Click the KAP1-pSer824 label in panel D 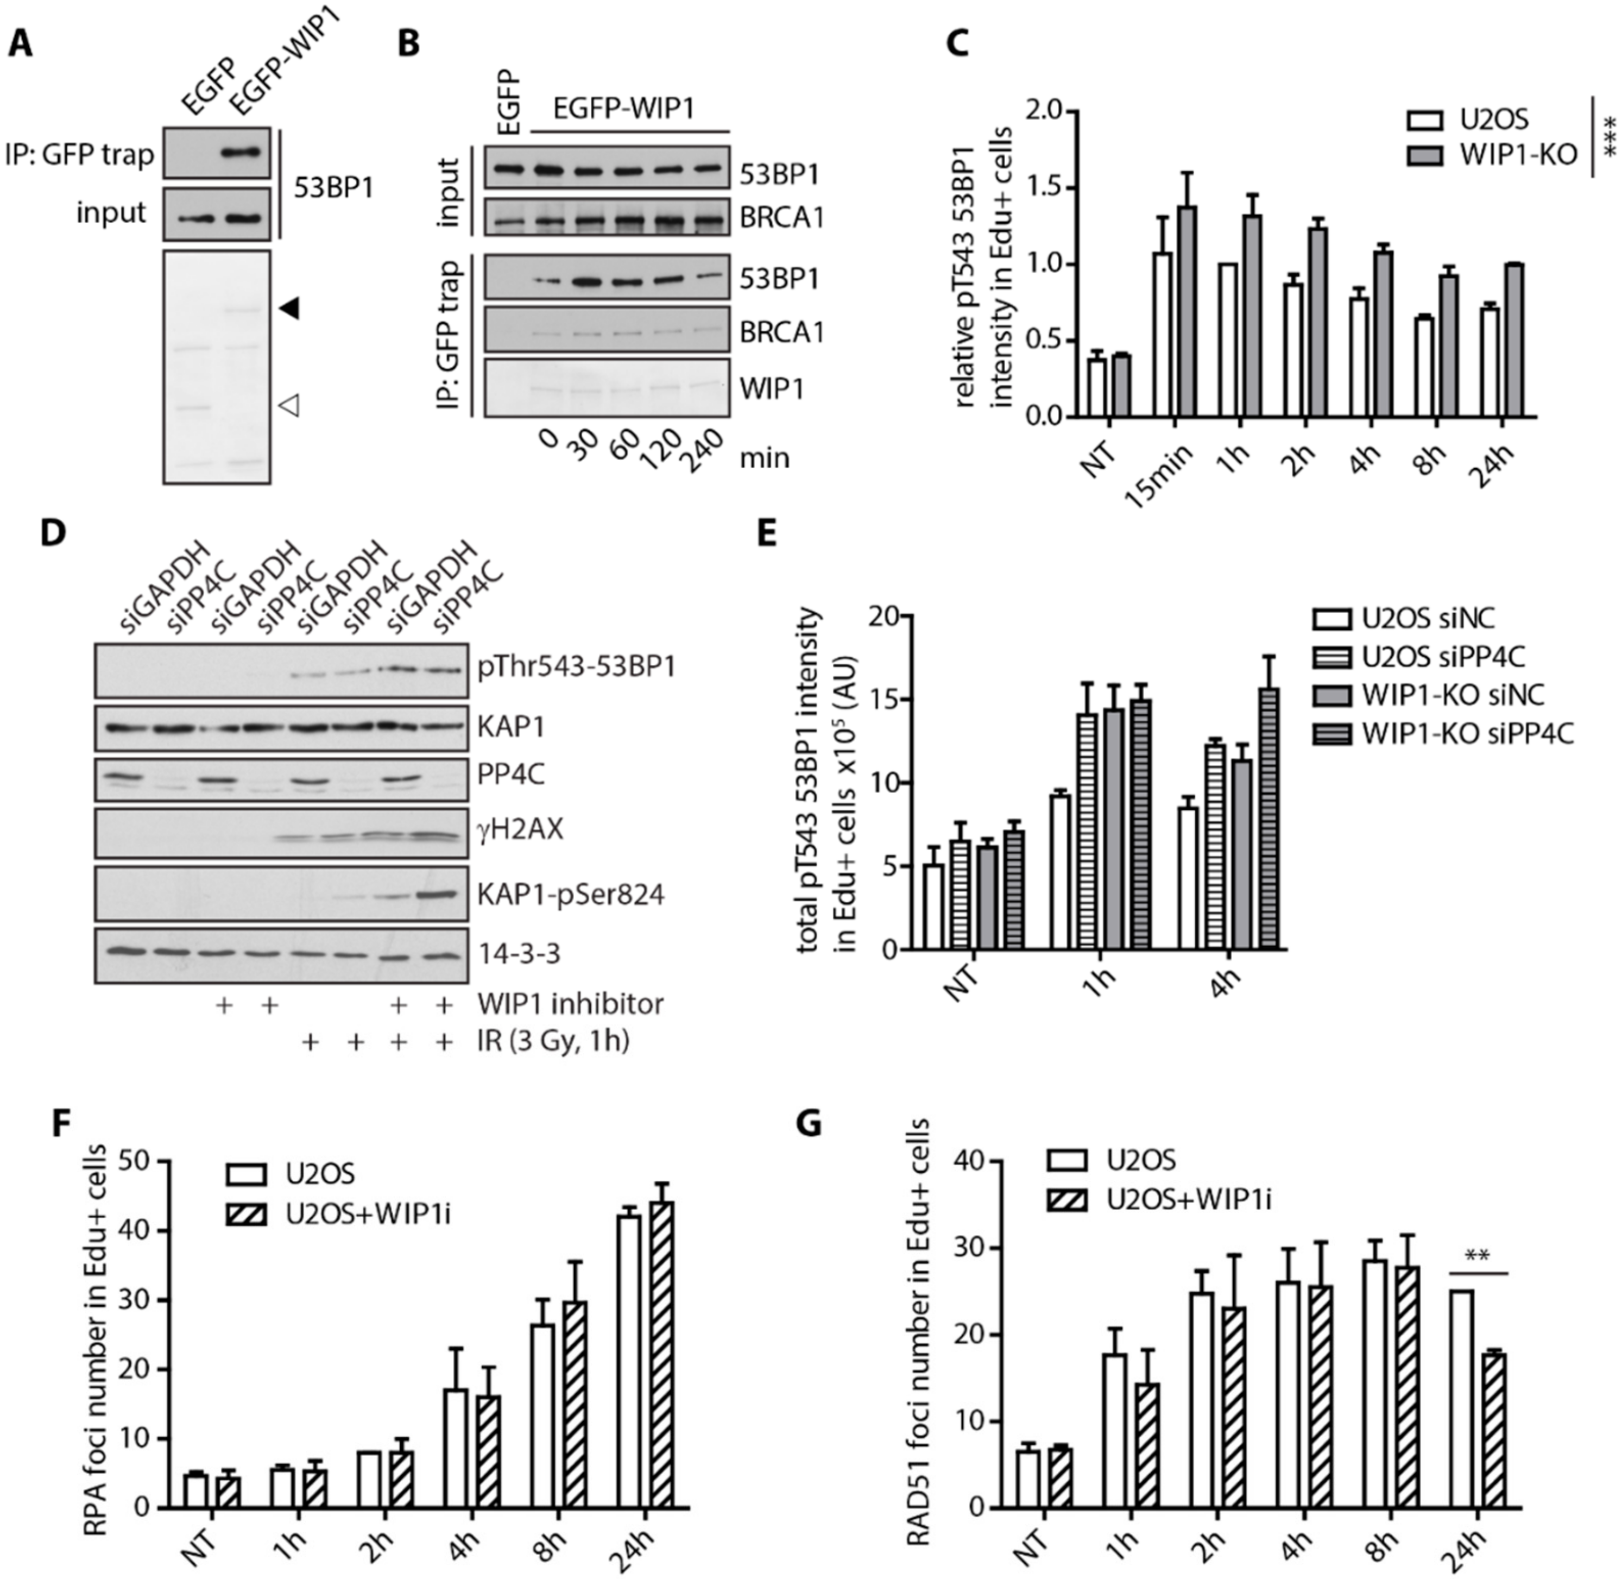pyautogui.click(x=571, y=895)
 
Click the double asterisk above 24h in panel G pyautogui.click(x=1477, y=1256)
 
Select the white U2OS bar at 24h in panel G pyautogui.click(x=1462, y=1402)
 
